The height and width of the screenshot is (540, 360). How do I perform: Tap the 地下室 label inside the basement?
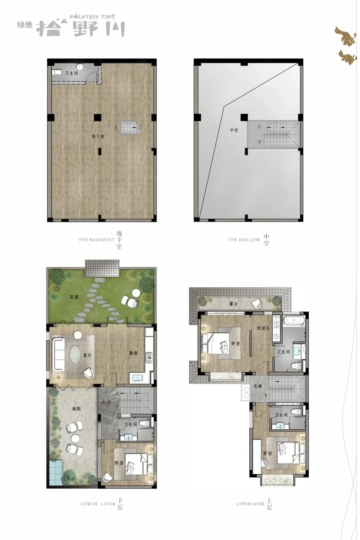(x=98, y=136)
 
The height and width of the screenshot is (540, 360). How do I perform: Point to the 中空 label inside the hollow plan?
(x=234, y=130)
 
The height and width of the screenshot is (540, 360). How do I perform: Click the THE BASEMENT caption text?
(x=96, y=240)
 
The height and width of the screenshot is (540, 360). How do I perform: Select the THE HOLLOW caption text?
(x=244, y=240)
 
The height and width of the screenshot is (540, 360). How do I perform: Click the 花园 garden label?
(x=74, y=297)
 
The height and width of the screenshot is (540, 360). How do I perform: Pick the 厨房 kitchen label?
(x=133, y=353)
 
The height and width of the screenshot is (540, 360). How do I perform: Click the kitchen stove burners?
(x=149, y=358)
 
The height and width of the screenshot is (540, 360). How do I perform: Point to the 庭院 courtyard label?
(x=76, y=408)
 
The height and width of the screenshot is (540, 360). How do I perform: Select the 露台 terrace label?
(x=234, y=304)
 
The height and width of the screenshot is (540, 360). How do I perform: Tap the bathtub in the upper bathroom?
(x=294, y=321)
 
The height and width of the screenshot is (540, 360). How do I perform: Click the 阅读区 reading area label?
(x=263, y=328)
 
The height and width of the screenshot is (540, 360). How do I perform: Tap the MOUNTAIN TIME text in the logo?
(x=93, y=17)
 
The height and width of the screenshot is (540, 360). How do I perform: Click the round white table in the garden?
(x=136, y=293)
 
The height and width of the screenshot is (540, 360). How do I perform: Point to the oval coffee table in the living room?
(x=76, y=354)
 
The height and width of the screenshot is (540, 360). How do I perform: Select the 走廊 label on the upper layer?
(x=257, y=386)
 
